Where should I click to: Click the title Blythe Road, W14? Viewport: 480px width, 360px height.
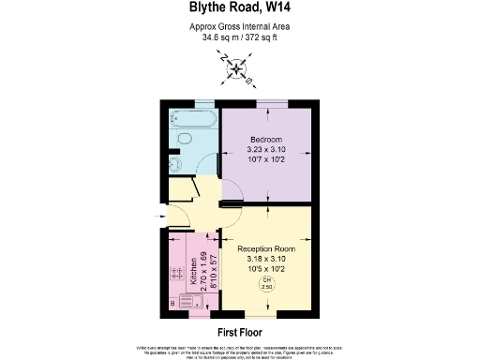click(240, 9)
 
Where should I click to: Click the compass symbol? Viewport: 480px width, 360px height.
click(239, 67)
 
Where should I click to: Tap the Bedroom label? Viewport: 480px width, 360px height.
click(265, 140)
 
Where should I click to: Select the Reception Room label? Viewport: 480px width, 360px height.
click(265, 248)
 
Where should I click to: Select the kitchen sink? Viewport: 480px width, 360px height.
click(190, 302)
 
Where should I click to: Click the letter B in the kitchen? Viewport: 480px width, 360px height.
click(173, 304)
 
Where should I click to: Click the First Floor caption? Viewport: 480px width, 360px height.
click(239, 333)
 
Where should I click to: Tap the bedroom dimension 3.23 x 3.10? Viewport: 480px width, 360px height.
click(265, 150)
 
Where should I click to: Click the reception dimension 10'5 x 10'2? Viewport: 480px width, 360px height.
click(265, 269)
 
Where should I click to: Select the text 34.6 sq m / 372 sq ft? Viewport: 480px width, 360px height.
click(240, 37)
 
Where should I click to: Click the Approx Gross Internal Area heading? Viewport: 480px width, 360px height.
click(240, 26)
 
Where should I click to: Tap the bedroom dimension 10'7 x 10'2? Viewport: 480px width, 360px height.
click(265, 160)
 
